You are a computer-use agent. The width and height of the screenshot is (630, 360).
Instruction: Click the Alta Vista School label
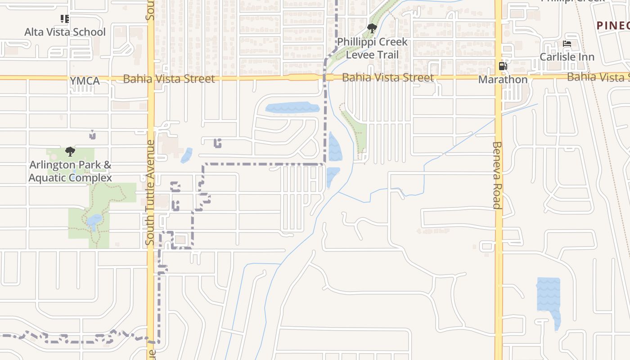[x=65, y=32]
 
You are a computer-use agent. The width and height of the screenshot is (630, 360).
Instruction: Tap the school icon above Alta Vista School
[x=65, y=19]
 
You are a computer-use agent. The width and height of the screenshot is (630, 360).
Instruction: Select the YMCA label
[x=85, y=81]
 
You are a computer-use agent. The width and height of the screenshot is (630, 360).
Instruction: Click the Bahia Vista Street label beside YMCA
[x=169, y=79]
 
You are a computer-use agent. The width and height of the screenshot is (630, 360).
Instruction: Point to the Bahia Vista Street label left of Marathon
[x=388, y=77]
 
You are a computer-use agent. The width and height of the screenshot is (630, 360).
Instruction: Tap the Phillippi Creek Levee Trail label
[x=372, y=48]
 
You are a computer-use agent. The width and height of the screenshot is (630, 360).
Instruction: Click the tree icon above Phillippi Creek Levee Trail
[x=372, y=29]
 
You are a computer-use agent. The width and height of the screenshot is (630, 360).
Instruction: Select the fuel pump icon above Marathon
[x=503, y=67]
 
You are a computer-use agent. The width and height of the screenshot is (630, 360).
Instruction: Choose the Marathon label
[x=503, y=80]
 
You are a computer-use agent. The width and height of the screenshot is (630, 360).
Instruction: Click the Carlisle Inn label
[x=567, y=57]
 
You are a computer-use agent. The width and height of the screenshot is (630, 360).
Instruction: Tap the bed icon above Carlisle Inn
[x=567, y=44]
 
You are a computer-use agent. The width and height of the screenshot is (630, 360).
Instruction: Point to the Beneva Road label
[x=496, y=175]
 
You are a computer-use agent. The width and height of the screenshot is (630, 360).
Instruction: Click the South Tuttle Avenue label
[x=150, y=193]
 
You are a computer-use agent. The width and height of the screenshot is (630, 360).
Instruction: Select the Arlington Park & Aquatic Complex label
[x=70, y=171]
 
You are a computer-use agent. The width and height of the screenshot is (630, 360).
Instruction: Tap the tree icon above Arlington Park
[x=70, y=151]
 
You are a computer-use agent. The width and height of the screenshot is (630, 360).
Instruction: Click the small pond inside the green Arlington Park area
[x=94, y=221]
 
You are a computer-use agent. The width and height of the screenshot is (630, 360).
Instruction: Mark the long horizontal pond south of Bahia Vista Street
[x=292, y=108]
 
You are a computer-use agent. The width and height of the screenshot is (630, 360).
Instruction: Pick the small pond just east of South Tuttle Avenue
[x=186, y=155]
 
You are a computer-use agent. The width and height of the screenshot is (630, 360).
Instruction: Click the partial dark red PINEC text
[x=613, y=26]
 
